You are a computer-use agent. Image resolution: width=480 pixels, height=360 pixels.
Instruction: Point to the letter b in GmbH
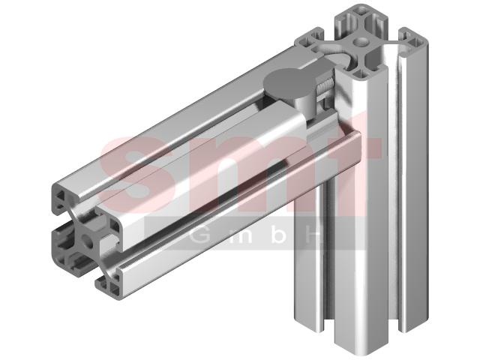278,235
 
